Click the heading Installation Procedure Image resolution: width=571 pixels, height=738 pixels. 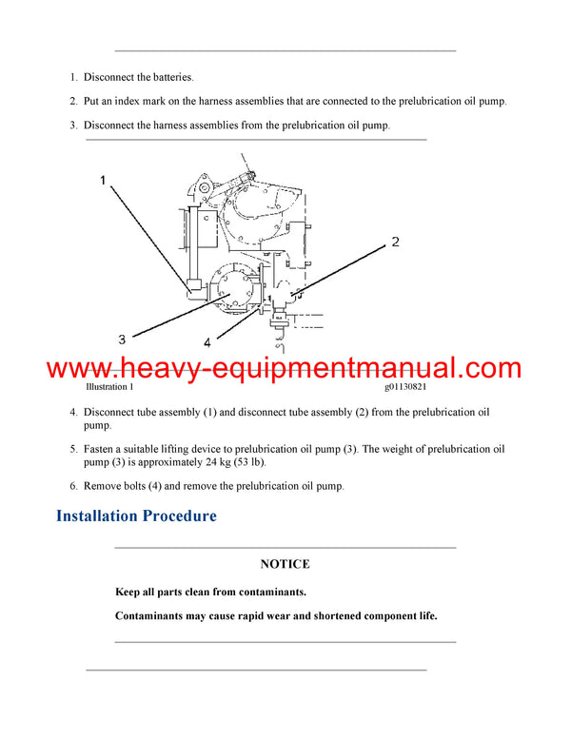136,516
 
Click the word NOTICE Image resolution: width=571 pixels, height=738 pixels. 285,564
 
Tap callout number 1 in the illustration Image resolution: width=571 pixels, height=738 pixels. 106,179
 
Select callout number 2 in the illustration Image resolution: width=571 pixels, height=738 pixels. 395,243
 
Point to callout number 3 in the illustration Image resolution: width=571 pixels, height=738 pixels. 122,339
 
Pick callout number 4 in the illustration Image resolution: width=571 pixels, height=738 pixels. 207,342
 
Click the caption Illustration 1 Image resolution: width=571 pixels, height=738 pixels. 109,387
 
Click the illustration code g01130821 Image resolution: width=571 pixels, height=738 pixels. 412,387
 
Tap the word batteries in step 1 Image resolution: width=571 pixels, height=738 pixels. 169,77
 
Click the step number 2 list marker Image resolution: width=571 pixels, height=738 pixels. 73,101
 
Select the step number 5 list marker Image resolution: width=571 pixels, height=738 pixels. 73,448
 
